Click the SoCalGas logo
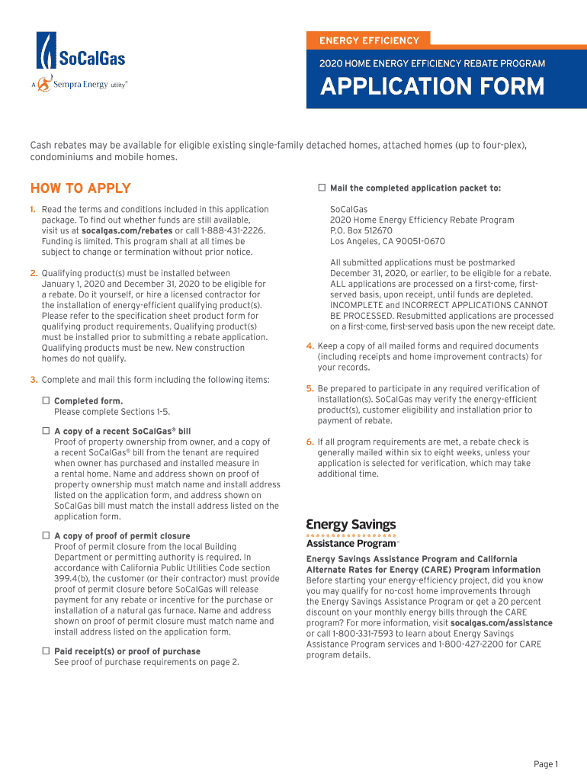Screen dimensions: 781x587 (81, 53)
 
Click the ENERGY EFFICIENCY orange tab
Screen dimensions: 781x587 (369, 40)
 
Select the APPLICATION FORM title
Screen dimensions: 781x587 (432, 86)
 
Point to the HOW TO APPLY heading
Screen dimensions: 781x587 (80, 188)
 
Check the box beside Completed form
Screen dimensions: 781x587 (46, 400)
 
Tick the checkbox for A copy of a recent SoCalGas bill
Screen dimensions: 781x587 (46, 431)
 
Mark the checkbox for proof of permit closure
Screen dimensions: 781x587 (46, 535)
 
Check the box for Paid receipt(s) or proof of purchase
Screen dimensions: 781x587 (46, 651)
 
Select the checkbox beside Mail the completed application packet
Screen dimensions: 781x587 (322, 188)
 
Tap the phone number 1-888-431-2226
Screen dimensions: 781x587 (233, 230)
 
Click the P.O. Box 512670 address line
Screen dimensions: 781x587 (361, 230)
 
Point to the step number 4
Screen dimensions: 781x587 (310, 346)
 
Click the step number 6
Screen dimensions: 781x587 (310, 442)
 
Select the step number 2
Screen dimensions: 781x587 (34, 273)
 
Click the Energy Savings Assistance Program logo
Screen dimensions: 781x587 (352, 533)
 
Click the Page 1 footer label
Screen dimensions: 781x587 (546, 764)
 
